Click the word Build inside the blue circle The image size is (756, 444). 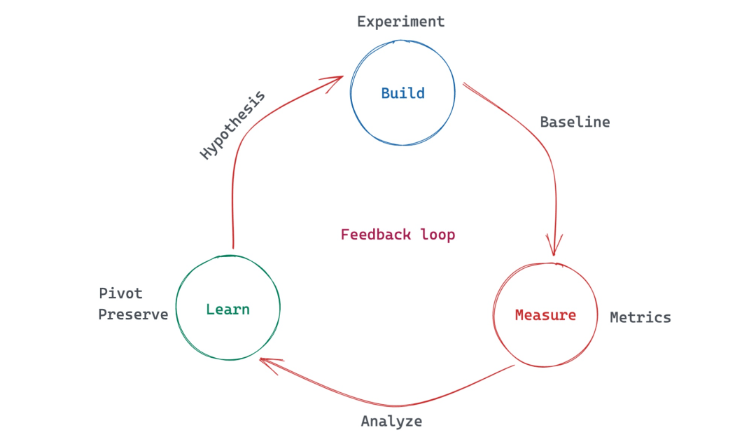(x=402, y=92)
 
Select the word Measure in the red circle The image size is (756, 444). (x=545, y=315)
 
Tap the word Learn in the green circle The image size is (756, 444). (x=227, y=310)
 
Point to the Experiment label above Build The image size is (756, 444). (x=400, y=22)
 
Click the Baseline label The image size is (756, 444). (x=575, y=122)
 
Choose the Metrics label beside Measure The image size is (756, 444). (x=640, y=317)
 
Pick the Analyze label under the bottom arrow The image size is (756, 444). (x=391, y=422)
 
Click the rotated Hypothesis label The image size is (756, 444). (x=232, y=125)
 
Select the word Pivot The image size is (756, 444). (x=120, y=293)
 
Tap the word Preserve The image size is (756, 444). (x=133, y=314)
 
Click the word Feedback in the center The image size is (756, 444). (x=376, y=235)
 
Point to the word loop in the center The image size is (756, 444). (x=437, y=235)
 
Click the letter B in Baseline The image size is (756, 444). (x=545, y=122)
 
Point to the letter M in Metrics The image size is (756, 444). (x=615, y=317)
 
